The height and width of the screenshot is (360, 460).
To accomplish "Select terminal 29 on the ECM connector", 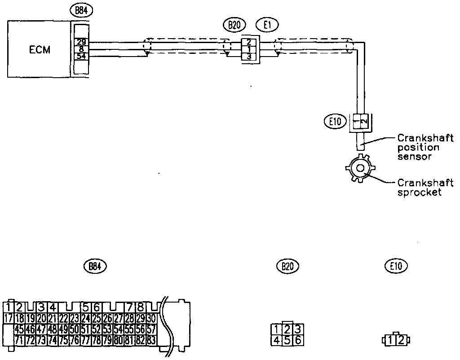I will coord(81,42).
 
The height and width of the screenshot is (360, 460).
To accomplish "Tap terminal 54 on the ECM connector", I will coord(81,56).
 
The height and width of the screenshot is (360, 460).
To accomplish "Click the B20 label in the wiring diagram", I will coord(234,25).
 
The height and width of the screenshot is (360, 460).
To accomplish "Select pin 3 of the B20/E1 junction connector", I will coord(249,56).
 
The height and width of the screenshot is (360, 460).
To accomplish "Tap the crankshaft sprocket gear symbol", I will coord(360,168).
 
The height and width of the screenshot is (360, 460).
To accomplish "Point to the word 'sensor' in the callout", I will coord(415,157).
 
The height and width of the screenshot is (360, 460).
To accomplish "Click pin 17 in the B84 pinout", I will coord(8,319).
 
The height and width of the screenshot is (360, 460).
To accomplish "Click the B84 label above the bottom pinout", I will coord(94,266).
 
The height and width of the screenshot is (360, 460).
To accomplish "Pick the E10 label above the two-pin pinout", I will coord(396,266).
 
